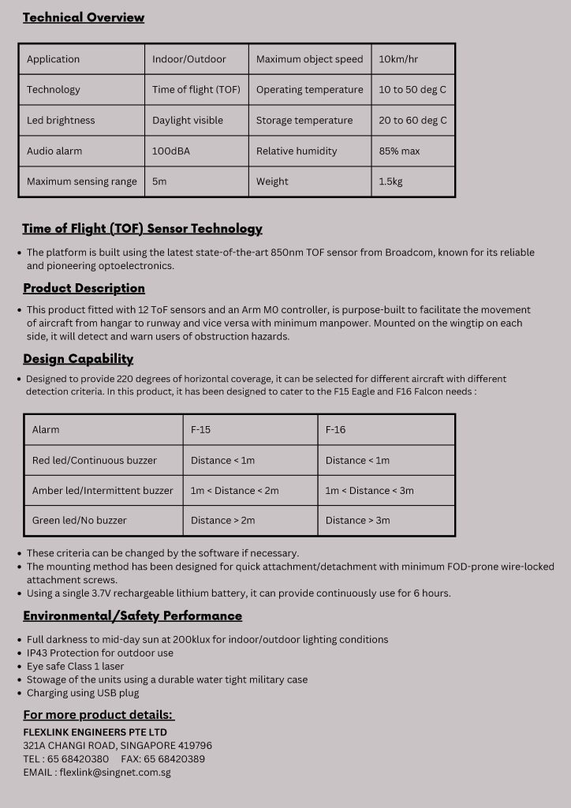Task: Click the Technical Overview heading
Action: pyautogui.click(x=84, y=17)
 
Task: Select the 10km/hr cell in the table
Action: pyautogui.click(x=398, y=59)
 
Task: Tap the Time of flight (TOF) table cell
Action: pyautogui.click(x=196, y=90)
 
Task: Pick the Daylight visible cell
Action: pyautogui.click(x=188, y=121)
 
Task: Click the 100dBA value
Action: pyautogui.click(x=171, y=151)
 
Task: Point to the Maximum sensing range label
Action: pyautogui.click(x=82, y=181)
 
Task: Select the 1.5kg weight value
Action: pyautogui.click(x=390, y=181)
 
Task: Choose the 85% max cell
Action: pyautogui.click(x=399, y=151)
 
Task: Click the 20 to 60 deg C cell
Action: pyautogui.click(x=412, y=121)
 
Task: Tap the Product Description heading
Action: pyautogui.click(x=84, y=288)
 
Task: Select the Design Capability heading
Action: pyautogui.click(x=78, y=359)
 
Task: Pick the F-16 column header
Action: pyautogui.click(x=335, y=430)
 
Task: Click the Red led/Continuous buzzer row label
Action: pyautogui.click(x=95, y=460)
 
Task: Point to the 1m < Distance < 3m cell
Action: pyautogui.click(x=369, y=491)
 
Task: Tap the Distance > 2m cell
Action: pyautogui.click(x=223, y=521)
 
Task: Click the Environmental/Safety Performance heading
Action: pyautogui.click(x=132, y=615)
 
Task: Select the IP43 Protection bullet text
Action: pyautogui.click(x=100, y=653)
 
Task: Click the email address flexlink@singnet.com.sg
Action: pyautogui.click(x=115, y=772)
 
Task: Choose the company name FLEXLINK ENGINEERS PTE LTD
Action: pyautogui.click(x=95, y=732)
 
